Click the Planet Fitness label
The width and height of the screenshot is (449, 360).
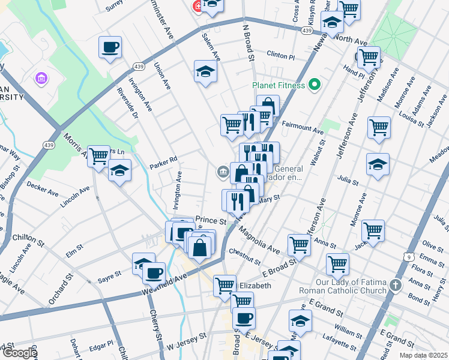pos(278,85)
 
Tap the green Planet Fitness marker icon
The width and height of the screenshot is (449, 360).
pos(312,85)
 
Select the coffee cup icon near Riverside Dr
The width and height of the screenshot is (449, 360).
pos(110,47)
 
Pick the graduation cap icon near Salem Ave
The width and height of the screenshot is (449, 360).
pos(205,71)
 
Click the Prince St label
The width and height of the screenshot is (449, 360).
pos(211,221)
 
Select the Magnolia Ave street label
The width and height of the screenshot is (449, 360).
pos(258,239)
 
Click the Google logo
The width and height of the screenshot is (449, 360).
pos(20,353)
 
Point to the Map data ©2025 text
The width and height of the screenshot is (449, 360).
pos(423,355)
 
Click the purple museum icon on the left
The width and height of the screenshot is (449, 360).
pos(41,79)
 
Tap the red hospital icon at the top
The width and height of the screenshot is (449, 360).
pos(197,6)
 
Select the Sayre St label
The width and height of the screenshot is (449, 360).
pos(110,274)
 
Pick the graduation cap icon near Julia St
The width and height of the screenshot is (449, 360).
pos(378,164)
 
